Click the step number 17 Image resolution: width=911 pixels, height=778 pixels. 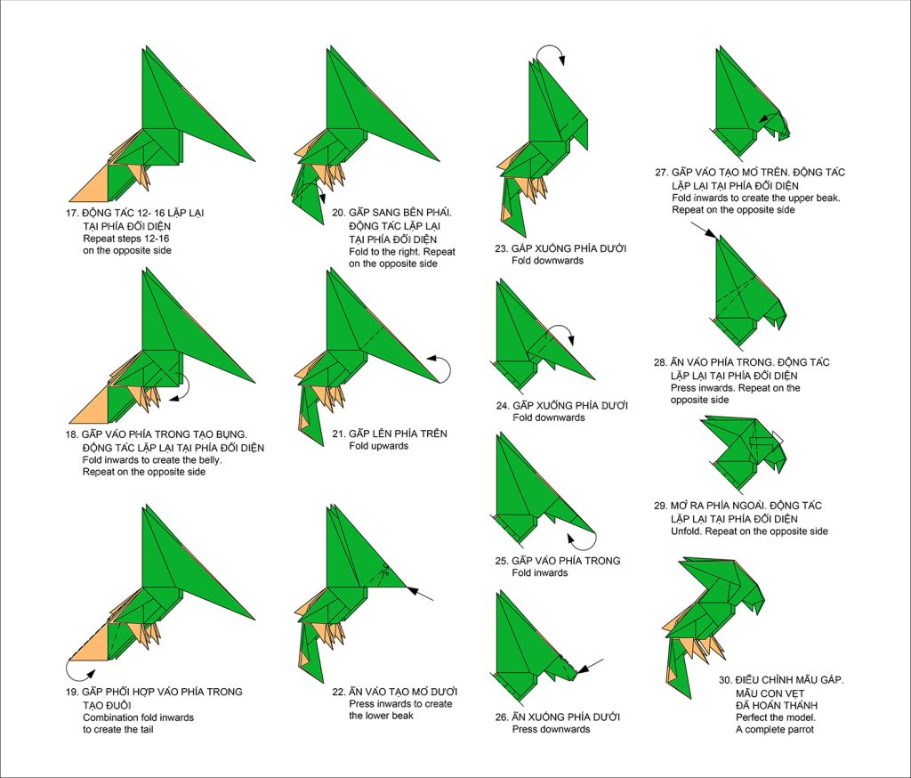click(x=71, y=213)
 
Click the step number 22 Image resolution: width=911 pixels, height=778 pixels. click(x=339, y=692)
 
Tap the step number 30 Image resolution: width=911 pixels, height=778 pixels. click(x=725, y=680)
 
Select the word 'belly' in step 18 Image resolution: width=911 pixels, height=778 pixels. click(x=208, y=460)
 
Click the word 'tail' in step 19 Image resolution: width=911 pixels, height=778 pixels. click(x=145, y=729)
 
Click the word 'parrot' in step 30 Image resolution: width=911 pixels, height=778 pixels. click(x=800, y=730)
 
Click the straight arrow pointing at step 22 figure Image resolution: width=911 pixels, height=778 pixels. click(x=420, y=594)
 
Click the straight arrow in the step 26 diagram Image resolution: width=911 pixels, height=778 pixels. click(x=590, y=667)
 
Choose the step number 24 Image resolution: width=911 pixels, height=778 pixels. click(x=502, y=406)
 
